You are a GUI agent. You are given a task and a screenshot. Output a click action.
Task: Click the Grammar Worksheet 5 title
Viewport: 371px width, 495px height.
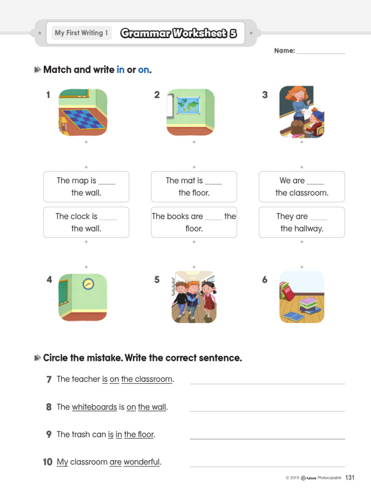[179, 33]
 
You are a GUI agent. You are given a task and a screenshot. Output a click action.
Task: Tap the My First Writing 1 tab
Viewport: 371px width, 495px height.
[81, 33]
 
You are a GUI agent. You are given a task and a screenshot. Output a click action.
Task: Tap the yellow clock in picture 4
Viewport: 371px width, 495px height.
[88, 284]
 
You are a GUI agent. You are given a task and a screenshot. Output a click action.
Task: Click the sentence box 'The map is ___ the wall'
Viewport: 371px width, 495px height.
[86, 187]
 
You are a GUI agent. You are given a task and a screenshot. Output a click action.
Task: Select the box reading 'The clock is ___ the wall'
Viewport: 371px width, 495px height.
[86, 222]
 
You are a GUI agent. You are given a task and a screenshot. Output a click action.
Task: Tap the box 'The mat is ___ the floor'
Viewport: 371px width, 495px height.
[194, 187]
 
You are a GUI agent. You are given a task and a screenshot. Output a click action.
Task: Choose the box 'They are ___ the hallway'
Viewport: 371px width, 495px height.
[301, 222]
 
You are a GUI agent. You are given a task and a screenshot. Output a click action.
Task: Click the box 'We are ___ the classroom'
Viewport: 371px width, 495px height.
[301, 187]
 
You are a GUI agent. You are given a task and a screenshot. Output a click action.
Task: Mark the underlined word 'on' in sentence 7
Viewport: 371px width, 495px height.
[114, 379]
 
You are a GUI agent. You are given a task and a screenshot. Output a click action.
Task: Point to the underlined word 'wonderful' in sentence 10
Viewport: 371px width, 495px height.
[142, 462]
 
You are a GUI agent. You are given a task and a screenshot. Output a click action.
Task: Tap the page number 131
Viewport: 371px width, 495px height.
[350, 478]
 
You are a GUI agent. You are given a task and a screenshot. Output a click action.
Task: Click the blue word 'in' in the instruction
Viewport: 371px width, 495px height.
[120, 70]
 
